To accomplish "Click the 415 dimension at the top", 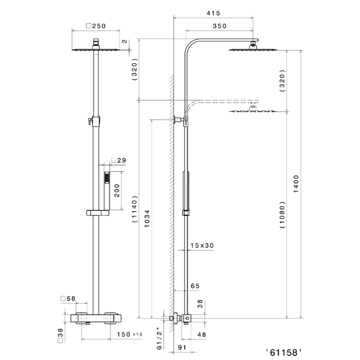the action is [213, 13].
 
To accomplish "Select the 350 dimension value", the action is [220, 26].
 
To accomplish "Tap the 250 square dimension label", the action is [96, 26].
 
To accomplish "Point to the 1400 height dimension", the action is [296, 184].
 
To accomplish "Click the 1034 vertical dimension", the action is [147, 219].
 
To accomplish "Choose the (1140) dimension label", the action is [134, 209].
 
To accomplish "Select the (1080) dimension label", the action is [282, 214].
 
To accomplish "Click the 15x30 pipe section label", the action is [202, 245].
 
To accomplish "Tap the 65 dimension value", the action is [195, 286].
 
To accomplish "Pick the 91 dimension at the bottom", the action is [182, 348].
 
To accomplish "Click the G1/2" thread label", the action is [159, 340].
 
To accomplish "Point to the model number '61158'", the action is [284, 352].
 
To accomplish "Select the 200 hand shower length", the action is [117, 190].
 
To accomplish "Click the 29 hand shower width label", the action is [119, 160].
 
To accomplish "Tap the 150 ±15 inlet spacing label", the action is [130, 334].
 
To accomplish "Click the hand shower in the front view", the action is [107, 191].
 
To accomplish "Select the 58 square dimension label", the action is [68, 298].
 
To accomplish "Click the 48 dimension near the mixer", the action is [202, 335].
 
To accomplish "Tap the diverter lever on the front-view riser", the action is [88, 120].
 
